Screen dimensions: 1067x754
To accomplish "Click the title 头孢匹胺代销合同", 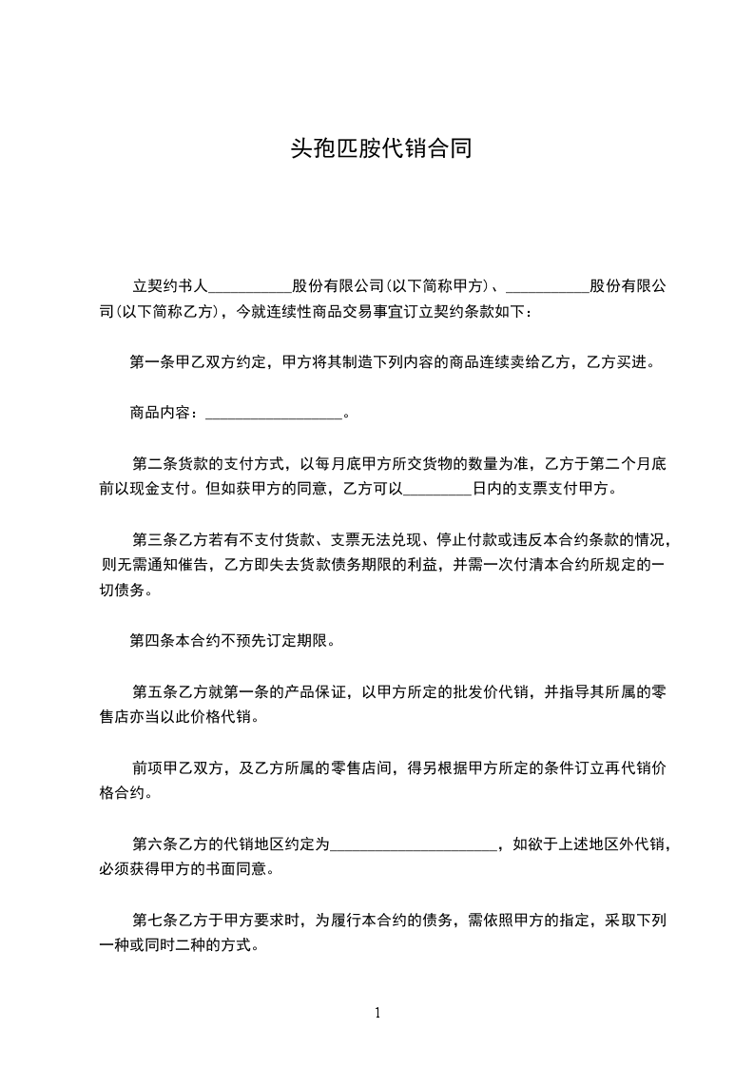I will point(377,150).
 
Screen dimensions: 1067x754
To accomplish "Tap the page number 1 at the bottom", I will point(377,1013).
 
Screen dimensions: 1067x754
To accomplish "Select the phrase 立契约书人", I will point(169,285).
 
